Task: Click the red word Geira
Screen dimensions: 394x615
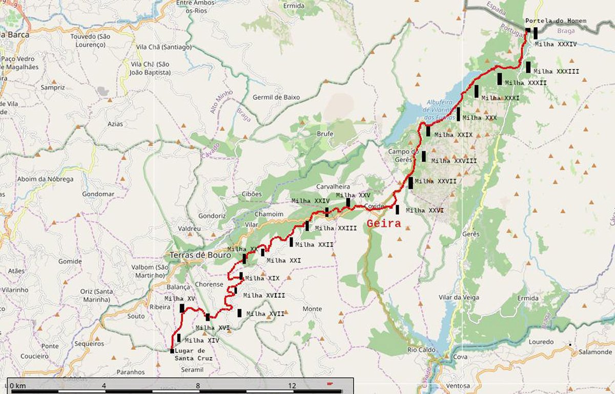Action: pyautogui.click(x=384, y=223)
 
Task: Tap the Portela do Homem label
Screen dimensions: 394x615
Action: pyautogui.click(x=555, y=21)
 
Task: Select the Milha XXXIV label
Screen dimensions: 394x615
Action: pyautogui.click(x=556, y=44)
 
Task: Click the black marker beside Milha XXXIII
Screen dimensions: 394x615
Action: pyautogui.click(x=528, y=67)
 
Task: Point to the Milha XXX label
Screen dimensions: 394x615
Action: pyautogui.click(x=479, y=118)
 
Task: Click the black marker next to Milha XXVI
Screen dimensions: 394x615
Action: pyautogui.click(x=397, y=209)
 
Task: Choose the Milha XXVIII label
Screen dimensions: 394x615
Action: pyautogui.click(x=454, y=161)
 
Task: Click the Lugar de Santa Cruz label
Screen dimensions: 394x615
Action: pyautogui.click(x=193, y=355)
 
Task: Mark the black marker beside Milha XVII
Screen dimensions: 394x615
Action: pyautogui.click(x=239, y=313)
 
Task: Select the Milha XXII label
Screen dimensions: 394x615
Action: pyautogui.click(x=314, y=245)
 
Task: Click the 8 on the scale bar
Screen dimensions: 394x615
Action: pyautogui.click(x=198, y=385)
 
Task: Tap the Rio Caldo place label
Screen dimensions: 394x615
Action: pyautogui.click(x=421, y=350)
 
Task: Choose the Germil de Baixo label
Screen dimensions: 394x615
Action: pyautogui.click(x=276, y=97)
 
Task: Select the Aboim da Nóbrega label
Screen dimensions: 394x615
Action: pyautogui.click(x=45, y=179)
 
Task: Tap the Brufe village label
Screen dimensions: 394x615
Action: pyautogui.click(x=325, y=134)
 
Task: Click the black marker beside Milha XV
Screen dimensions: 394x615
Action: pyautogui.click(x=182, y=308)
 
